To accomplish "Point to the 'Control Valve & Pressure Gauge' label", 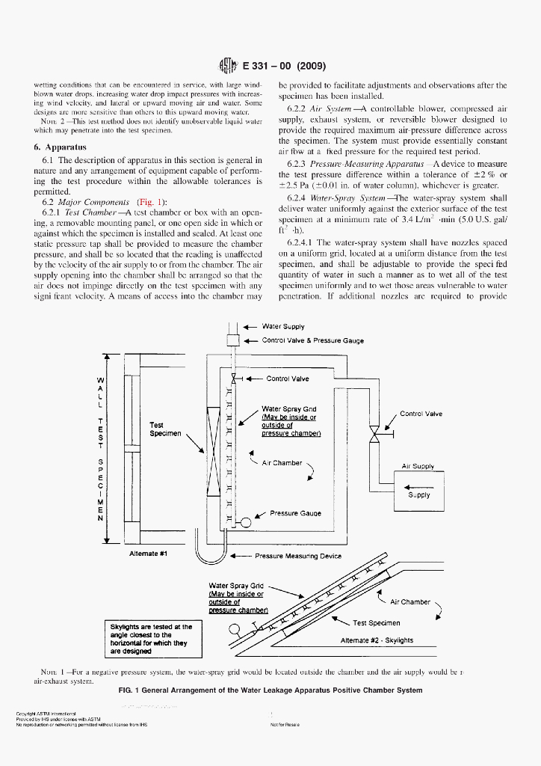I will [312, 340].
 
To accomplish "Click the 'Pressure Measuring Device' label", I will [298, 556].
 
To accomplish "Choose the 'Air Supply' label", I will [418, 466].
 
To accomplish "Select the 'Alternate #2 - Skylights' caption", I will [376, 640].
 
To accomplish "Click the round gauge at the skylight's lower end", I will [235, 628].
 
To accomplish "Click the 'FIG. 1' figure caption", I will [270, 690].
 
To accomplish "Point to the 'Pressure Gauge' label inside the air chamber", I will [295, 513].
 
